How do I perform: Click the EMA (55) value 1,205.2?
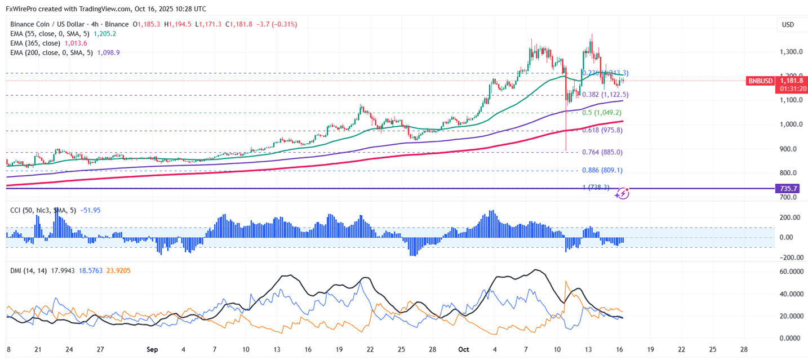click(105, 34)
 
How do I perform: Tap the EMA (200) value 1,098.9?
click(108, 52)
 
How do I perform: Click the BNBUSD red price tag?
click(760, 81)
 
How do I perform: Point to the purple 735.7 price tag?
click(788, 189)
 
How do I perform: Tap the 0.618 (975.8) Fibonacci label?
click(602, 130)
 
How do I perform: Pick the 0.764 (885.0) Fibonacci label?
click(602, 152)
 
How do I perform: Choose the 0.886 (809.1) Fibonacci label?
click(602, 170)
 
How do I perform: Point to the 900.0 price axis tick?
click(788, 149)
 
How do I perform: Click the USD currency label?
click(788, 25)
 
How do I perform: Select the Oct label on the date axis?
click(464, 349)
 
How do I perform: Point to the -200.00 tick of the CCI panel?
click(789, 257)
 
